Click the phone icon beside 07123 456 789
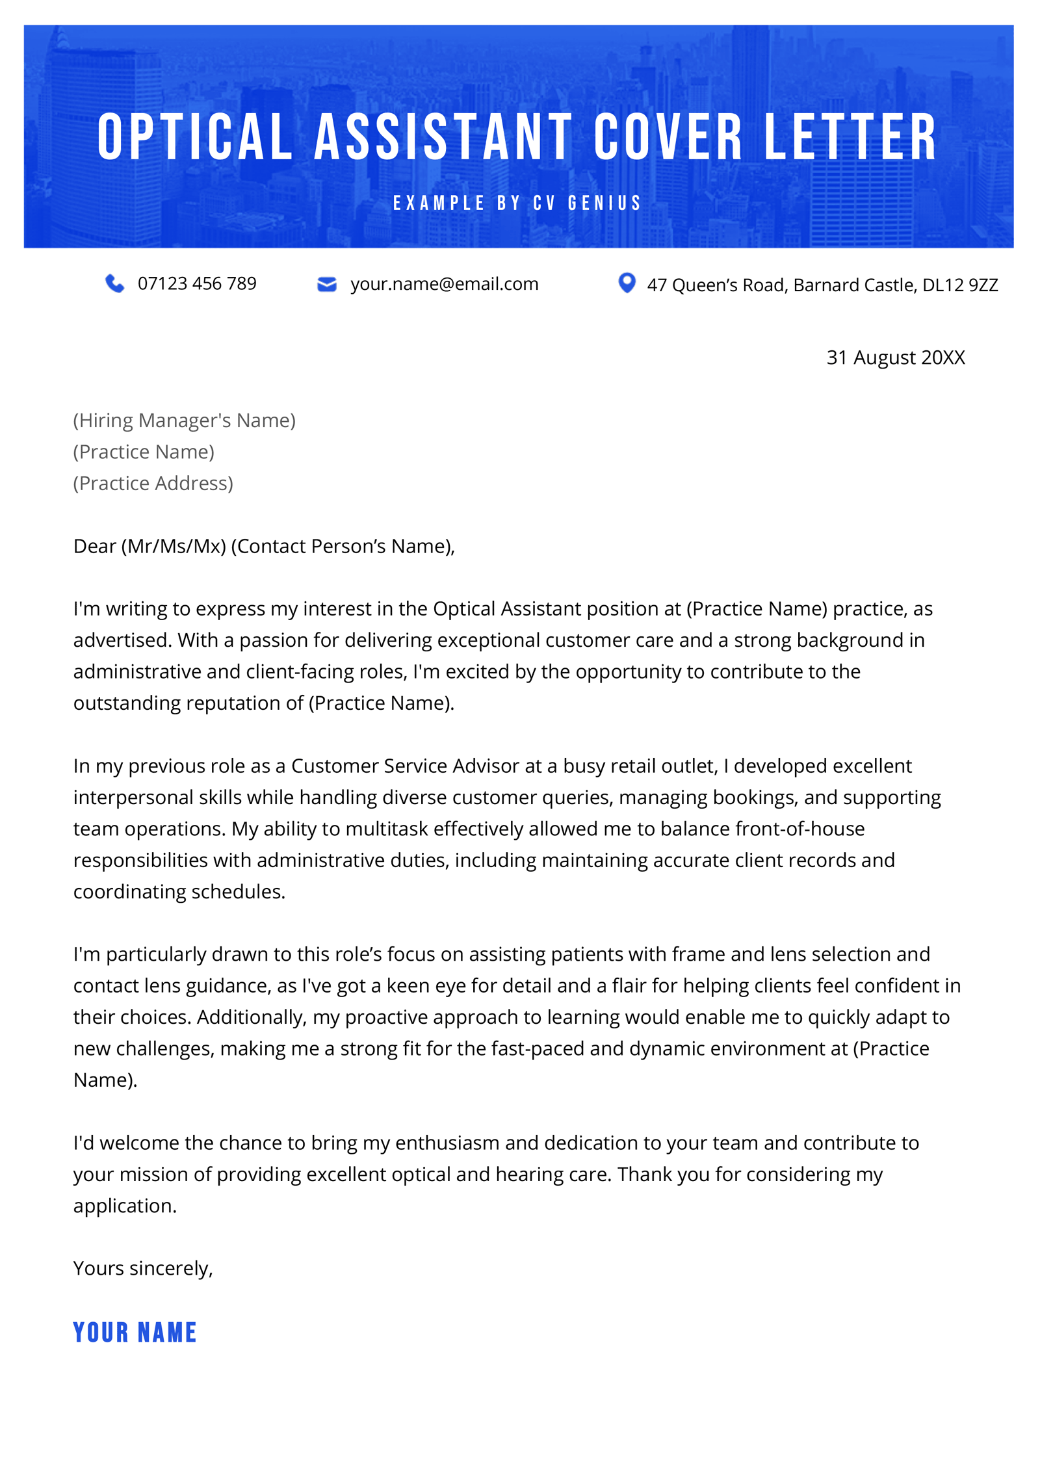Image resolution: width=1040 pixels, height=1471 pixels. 114,283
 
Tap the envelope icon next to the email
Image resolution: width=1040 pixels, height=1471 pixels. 326,284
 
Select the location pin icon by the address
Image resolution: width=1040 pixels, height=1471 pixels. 626,283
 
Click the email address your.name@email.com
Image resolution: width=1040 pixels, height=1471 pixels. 444,284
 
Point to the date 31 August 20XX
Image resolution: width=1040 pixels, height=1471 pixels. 895,358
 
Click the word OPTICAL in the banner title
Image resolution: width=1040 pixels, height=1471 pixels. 195,137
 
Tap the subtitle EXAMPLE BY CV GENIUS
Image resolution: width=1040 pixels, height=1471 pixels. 517,203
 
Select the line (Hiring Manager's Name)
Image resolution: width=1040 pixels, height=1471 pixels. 184,421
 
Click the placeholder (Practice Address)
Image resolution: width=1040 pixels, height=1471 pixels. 153,484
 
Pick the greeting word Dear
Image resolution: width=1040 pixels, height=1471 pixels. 94,546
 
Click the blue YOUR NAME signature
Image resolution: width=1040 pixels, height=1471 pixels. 135,1333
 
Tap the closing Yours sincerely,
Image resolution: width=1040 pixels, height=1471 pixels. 143,1268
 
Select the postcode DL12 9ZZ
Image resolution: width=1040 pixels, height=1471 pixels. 959,285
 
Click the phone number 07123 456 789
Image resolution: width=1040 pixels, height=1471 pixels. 197,284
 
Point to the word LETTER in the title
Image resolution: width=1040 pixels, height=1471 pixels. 850,137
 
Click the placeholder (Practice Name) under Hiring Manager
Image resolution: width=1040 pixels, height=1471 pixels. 143,452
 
